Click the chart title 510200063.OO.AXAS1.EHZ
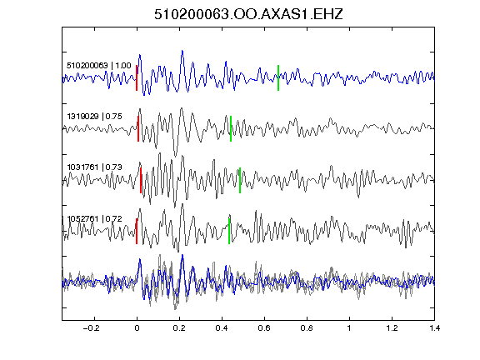click(248, 14)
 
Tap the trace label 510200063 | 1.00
click(99, 66)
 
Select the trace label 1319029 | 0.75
click(95, 117)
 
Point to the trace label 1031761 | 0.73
click(95, 167)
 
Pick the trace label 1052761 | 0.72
click(95, 219)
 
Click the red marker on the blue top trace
click(137, 77)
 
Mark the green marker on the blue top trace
click(278, 77)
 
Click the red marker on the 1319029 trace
click(138, 128)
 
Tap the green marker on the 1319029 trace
click(231, 128)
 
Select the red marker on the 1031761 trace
click(141, 180)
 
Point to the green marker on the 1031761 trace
click(240, 180)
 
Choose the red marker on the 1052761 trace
click(137, 231)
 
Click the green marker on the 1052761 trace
click(229, 231)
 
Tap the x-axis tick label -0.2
click(92, 328)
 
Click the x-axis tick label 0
click(137, 328)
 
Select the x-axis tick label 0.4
click(222, 328)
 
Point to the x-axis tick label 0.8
click(307, 328)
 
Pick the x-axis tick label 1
click(349, 328)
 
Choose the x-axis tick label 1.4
click(435, 328)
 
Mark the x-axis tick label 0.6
click(264, 328)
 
